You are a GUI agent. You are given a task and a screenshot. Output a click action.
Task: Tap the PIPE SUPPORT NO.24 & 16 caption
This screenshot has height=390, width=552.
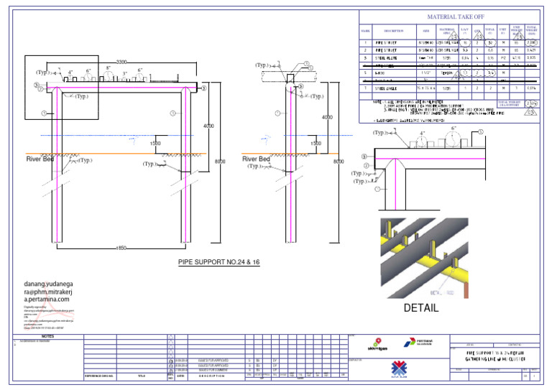tap(218, 262)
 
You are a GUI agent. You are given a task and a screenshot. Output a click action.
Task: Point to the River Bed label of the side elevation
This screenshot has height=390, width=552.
tap(256, 159)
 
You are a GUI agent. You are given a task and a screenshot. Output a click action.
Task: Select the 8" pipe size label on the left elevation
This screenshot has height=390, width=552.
tap(109, 69)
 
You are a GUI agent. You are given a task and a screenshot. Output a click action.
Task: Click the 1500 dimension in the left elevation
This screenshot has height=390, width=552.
tap(155, 144)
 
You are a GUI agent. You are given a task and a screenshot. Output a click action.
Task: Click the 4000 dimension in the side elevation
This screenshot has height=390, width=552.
tap(327, 117)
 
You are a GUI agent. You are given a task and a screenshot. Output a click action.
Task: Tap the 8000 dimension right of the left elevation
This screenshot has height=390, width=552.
tap(221, 162)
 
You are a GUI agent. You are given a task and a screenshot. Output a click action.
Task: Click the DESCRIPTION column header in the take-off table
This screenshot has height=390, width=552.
tap(394, 31)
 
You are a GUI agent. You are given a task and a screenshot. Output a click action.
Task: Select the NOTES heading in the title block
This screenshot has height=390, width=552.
tap(48, 335)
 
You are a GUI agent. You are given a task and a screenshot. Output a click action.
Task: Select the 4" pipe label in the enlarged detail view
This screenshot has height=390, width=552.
tap(423, 134)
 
